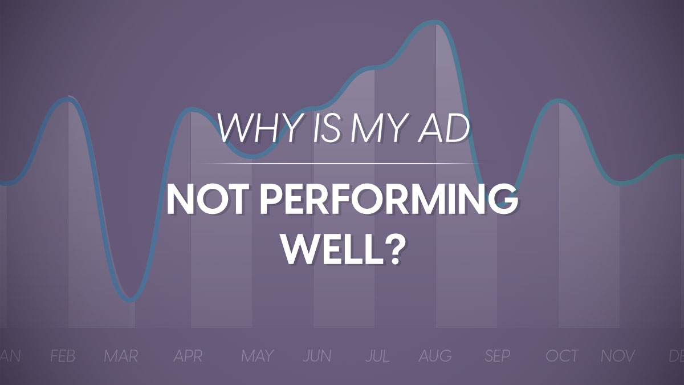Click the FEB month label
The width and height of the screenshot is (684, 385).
click(63, 356)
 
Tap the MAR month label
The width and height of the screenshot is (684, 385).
click(121, 356)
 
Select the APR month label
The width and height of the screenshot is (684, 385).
click(188, 356)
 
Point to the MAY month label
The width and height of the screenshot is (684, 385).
click(257, 356)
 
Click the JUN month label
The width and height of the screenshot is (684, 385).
click(317, 356)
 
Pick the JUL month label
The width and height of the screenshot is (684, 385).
click(377, 356)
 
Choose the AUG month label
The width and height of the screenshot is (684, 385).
click(435, 356)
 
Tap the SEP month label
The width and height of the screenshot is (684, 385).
click(497, 356)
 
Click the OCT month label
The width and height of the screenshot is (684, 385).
click(562, 356)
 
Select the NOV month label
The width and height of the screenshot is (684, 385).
click(618, 356)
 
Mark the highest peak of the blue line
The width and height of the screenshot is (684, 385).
click(436, 22)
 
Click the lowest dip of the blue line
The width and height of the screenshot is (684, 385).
click(131, 299)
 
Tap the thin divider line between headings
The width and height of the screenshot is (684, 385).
click(342, 164)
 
